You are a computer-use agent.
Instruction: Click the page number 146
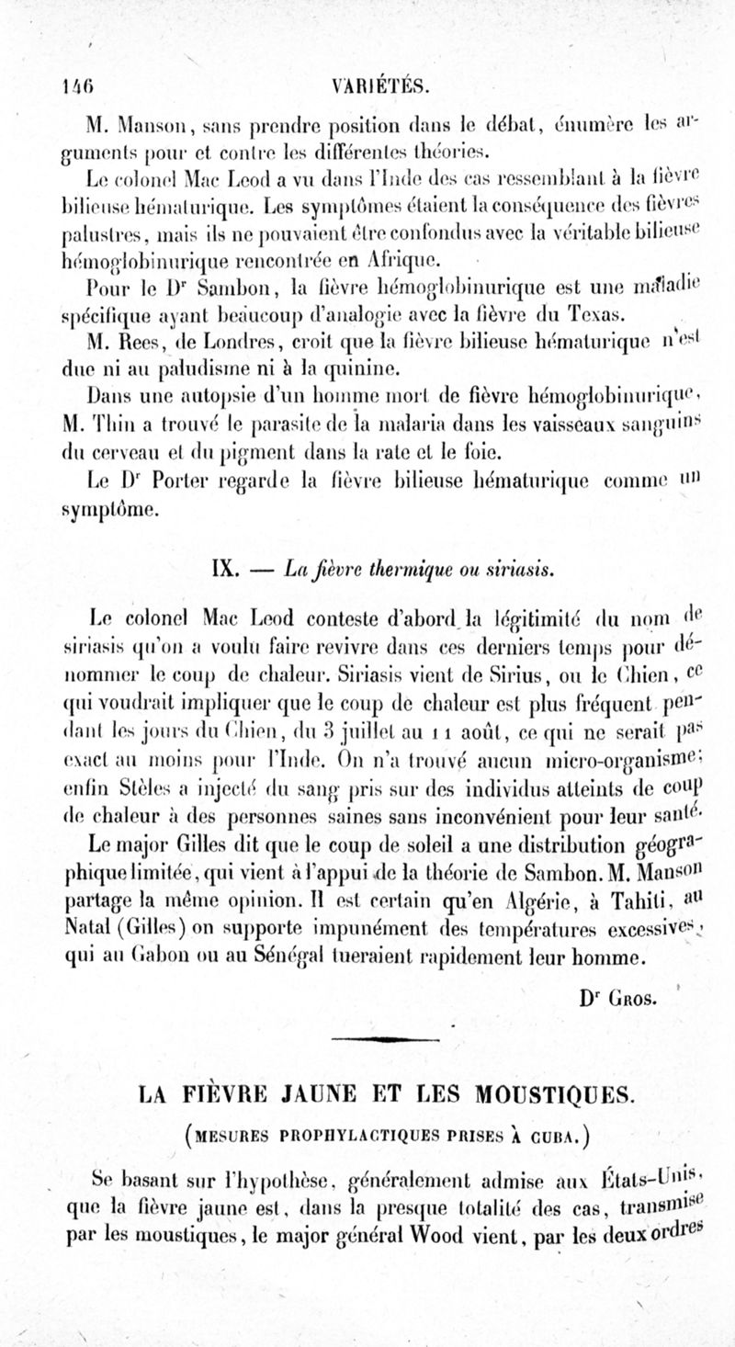coord(73,87)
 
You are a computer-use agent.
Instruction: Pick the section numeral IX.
coord(224,568)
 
